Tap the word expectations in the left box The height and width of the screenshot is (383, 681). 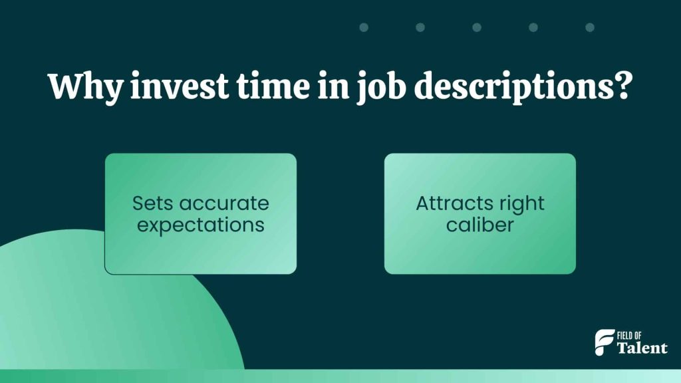[x=200, y=225]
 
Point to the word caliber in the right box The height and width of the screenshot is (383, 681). [x=479, y=225]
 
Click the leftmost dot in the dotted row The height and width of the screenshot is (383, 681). [x=364, y=27]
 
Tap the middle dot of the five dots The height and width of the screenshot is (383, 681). [x=477, y=27]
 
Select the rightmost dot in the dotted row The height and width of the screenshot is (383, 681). [x=590, y=27]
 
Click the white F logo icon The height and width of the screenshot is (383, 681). [x=604, y=342]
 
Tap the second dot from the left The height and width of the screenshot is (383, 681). [x=420, y=27]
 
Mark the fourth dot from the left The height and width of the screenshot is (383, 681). [x=533, y=27]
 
